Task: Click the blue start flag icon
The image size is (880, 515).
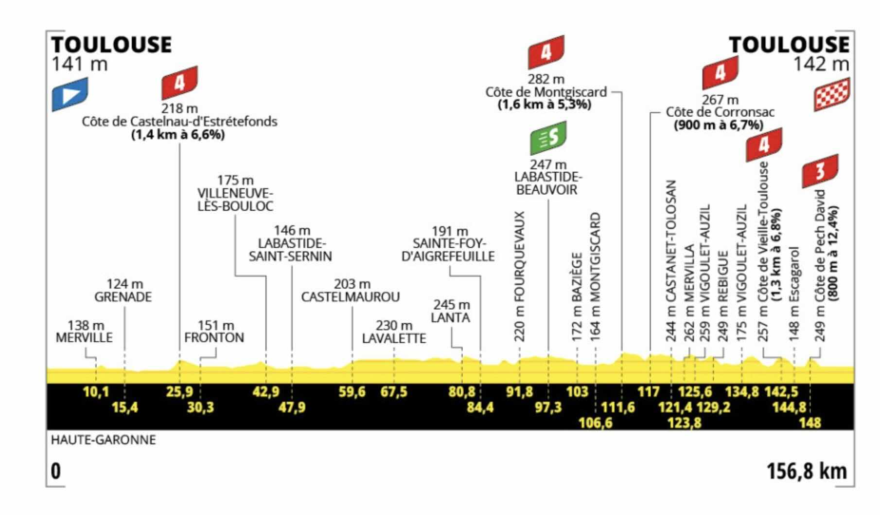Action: (x=70, y=94)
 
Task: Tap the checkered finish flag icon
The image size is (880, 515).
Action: (x=832, y=94)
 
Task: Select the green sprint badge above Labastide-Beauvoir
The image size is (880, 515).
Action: (x=548, y=138)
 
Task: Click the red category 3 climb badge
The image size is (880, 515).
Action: (x=820, y=171)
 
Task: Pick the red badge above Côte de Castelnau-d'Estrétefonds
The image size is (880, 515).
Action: (x=180, y=83)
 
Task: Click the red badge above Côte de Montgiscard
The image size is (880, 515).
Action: (x=546, y=52)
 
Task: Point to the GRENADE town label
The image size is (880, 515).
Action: (x=123, y=297)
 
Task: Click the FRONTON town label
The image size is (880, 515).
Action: (x=214, y=338)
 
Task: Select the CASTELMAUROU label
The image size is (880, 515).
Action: (x=351, y=297)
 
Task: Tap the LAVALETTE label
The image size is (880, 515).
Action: (x=394, y=338)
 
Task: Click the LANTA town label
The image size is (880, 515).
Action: (x=450, y=318)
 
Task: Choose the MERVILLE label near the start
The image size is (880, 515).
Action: (x=84, y=338)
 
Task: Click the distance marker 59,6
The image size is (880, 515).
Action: (x=352, y=392)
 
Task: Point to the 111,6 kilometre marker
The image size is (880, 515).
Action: (x=618, y=407)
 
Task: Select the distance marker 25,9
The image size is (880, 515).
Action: (x=180, y=392)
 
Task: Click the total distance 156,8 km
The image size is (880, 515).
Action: (x=807, y=471)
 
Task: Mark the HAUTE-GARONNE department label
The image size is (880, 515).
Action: (x=104, y=440)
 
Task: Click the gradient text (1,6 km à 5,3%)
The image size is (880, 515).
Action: (x=545, y=105)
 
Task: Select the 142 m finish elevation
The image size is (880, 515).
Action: (x=821, y=64)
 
